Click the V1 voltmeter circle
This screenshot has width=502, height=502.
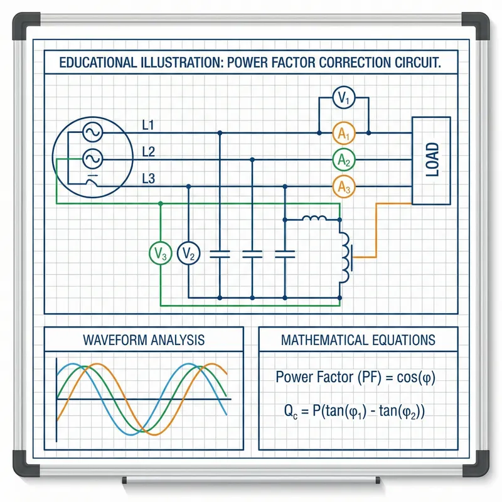coord(343,98)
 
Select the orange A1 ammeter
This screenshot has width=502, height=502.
coord(343,133)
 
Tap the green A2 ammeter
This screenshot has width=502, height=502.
coord(343,160)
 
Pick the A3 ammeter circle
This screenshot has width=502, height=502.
coord(343,186)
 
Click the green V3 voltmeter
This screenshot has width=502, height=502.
coord(160,254)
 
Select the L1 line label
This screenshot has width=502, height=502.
coord(149,125)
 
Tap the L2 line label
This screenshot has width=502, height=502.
coord(149,151)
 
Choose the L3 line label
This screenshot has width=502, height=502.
coord(149,178)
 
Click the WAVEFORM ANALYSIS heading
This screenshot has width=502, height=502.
coord(144,340)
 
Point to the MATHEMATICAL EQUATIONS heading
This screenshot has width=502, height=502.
coord(358,340)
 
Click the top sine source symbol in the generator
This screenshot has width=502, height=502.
coord(91,132)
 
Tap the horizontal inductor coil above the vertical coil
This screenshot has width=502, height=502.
coord(314,219)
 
